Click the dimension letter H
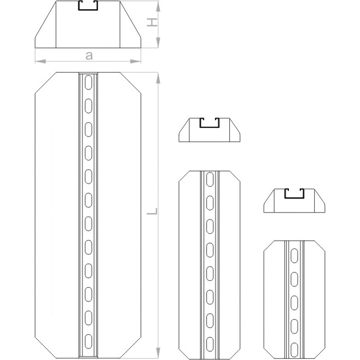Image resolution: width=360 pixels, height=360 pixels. [152, 22]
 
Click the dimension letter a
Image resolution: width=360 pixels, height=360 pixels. [89, 56]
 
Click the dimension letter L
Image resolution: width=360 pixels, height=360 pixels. [152, 211]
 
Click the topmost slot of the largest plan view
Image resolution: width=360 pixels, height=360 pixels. [88, 82]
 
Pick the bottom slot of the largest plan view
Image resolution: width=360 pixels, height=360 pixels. [88, 342]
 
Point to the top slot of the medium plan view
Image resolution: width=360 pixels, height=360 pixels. [210, 179]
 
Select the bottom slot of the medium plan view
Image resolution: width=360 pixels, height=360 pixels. [210, 345]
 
